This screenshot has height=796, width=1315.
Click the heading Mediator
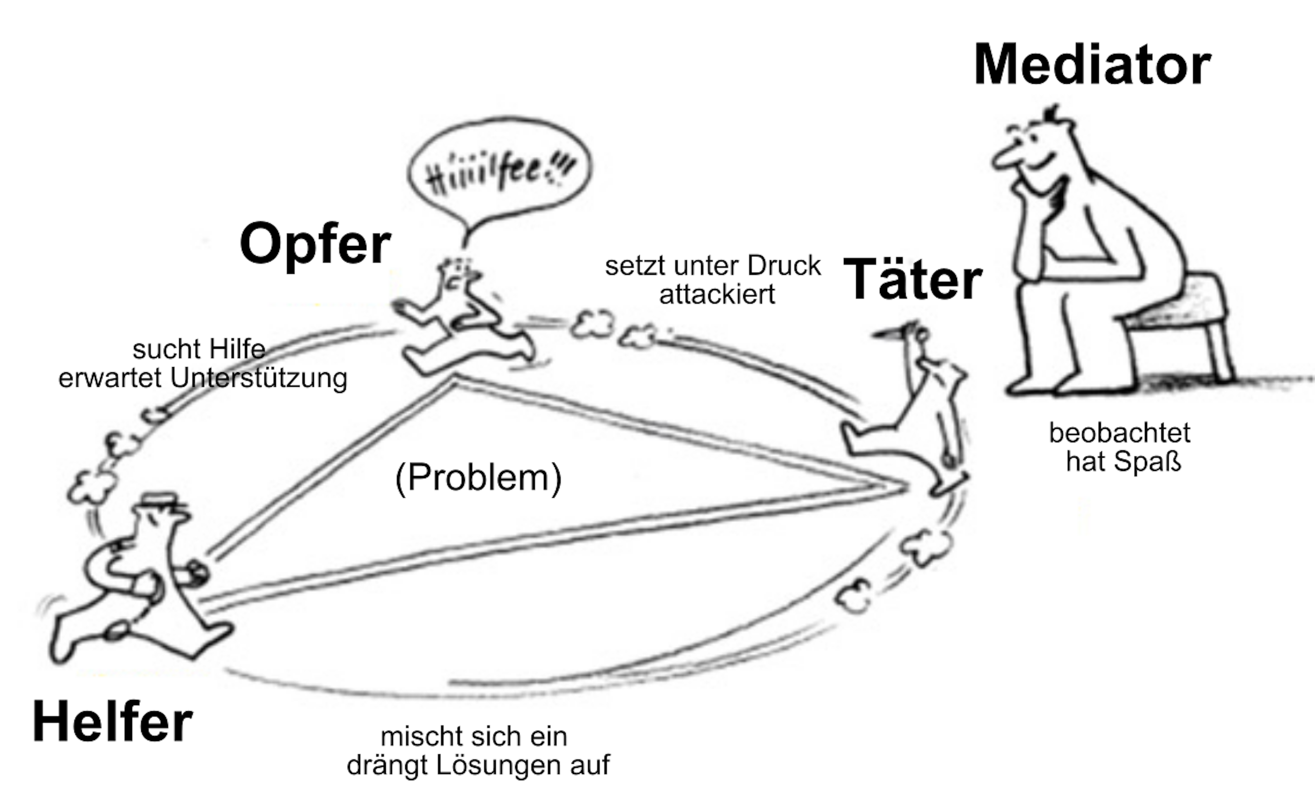1092,65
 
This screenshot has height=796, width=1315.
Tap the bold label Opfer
315,244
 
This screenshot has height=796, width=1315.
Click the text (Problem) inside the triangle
478,478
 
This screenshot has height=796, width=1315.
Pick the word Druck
784,266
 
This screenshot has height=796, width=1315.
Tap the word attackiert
717,294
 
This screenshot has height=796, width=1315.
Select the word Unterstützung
258,379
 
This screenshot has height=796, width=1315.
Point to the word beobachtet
1120,433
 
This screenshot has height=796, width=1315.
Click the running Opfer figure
459,326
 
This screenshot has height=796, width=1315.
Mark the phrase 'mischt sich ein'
474,737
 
